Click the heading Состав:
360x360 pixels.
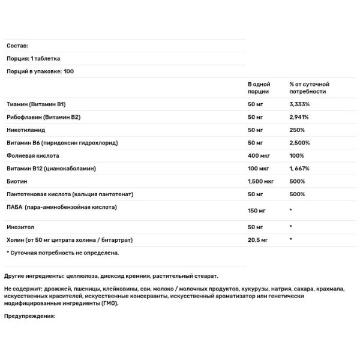(x=17, y=46)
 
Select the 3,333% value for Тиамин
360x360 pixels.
(x=300, y=104)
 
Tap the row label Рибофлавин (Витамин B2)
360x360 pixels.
(x=43, y=117)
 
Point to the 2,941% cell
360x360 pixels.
(x=299, y=117)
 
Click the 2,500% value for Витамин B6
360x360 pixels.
(x=300, y=143)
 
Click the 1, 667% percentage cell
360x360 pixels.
(x=301, y=169)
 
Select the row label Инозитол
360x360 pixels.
(x=21, y=227)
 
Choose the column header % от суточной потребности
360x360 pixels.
(x=309, y=88)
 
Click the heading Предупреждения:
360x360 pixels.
(x=29, y=318)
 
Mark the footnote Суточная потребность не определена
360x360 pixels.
(x=63, y=253)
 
